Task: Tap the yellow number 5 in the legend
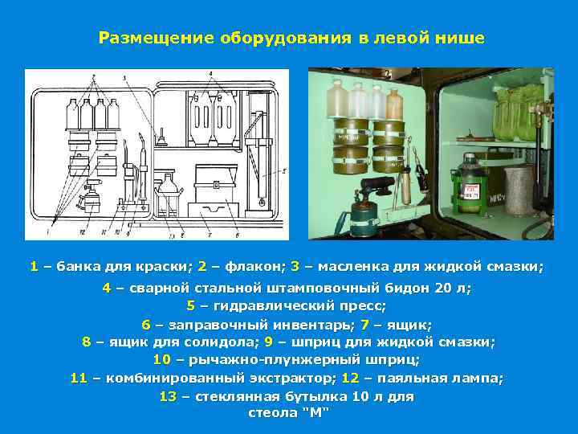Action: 191,305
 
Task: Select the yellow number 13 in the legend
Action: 168,396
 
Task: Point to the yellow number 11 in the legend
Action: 79,378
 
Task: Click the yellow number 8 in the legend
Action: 87,342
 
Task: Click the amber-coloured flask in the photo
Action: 393,104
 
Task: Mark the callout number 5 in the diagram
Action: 285,171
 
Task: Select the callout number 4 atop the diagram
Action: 210,74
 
